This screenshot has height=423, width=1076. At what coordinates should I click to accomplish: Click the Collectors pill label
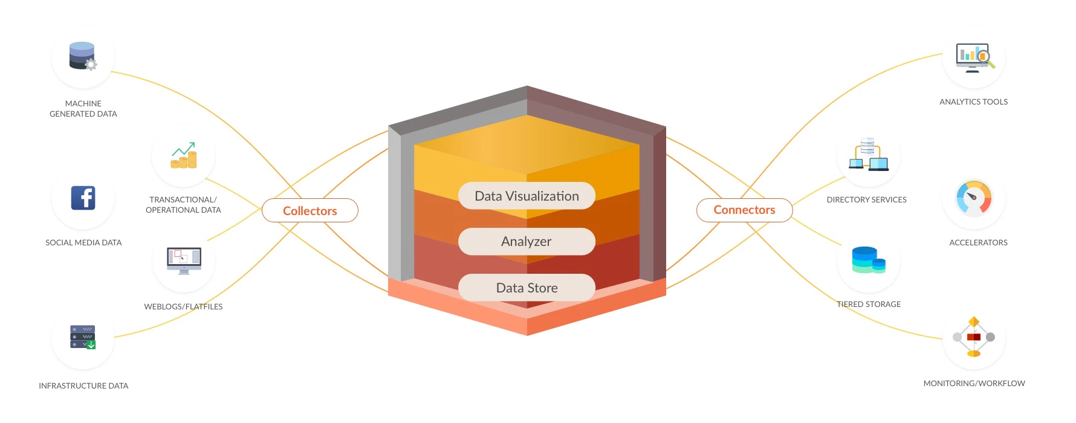pyautogui.click(x=310, y=211)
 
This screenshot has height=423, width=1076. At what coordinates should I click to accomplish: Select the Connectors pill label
pyautogui.click(x=744, y=210)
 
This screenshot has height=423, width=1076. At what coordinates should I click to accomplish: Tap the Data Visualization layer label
pyautogui.click(x=527, y=196)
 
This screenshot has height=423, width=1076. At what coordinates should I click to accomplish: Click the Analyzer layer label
pyautogui.click(x=527, y=241)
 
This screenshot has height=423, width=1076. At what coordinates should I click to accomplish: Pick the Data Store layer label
pyautogui.click(x=527, y=288)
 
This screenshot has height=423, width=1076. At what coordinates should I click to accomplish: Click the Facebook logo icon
pyautogui.click(x=83, y=198)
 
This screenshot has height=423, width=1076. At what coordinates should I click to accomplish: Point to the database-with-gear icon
pyautogui.click(x=83, y=56)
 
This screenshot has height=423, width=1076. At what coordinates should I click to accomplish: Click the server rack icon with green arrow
pyautogui.click(x=83, y=337)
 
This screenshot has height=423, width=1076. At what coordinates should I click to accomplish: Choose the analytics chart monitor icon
pyautogui.click(x=974, y=58)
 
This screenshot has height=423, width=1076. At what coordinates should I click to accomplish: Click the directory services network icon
pyautogui.click(x=869, y=155)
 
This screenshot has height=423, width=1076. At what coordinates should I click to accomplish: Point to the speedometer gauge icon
pyautogui.click(x=973, y=198)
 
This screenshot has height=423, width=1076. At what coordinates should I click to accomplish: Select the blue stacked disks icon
pyautogui.click(x=869, y=260)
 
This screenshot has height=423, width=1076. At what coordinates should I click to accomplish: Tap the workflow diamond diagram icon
pyautogui.click(x=973, y=337)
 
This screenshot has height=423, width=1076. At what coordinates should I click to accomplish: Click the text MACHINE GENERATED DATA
pyautogui.click(x=83, y=109)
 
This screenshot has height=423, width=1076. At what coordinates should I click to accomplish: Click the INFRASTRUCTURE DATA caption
pyautogui.click(x=83, y=386)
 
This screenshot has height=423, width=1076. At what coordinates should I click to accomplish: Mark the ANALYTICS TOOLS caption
pyautogui.click(x=973, y=102)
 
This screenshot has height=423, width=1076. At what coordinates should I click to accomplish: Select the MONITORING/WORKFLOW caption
pyautogui.click(x=974, y=383)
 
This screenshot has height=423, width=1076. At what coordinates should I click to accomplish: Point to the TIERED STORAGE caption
pyautogui.click(x=869, y=304)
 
